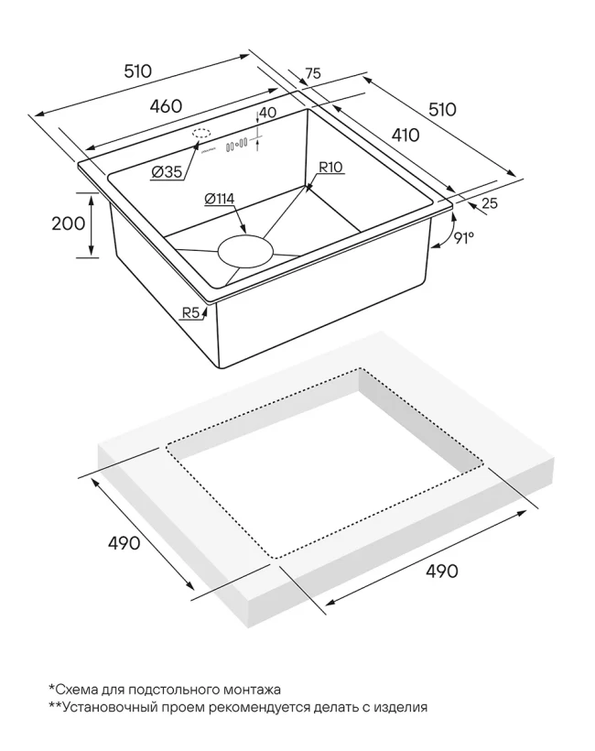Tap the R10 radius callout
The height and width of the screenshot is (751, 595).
(330, 168)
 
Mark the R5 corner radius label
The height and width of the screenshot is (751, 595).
(190, 313)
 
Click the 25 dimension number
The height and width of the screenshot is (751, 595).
(489, 203)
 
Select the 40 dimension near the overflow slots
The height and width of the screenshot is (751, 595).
(267, 114)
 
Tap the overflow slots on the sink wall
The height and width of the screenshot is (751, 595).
(237, 144)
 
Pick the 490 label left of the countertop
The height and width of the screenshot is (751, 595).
(124, 543)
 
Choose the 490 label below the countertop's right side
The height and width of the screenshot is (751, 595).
(440, 571)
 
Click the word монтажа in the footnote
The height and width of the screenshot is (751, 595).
(251, 689)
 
